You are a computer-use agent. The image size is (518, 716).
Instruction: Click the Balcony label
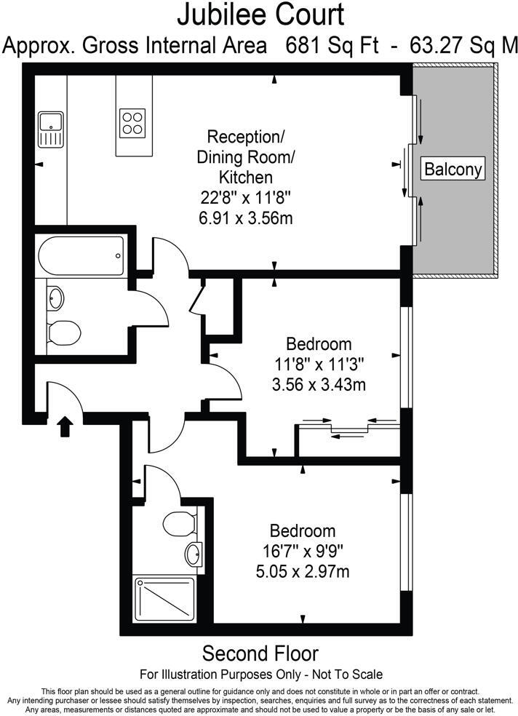(453, 170)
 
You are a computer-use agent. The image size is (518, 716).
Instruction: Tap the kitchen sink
(52, 130)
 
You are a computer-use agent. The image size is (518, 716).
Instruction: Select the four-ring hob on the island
(132, 122)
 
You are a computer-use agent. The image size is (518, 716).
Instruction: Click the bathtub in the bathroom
(80, 255)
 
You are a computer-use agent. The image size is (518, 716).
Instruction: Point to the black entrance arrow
(65, 426)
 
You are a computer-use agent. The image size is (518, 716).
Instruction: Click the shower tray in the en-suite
(164, 599)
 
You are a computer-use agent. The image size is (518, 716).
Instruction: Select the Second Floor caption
(260, 653)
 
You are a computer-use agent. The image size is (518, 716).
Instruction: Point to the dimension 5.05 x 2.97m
(303, 571)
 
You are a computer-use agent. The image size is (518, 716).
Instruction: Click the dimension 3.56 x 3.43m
(318, 383)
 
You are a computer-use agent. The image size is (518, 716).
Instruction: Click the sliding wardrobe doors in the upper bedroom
(348, 428)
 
